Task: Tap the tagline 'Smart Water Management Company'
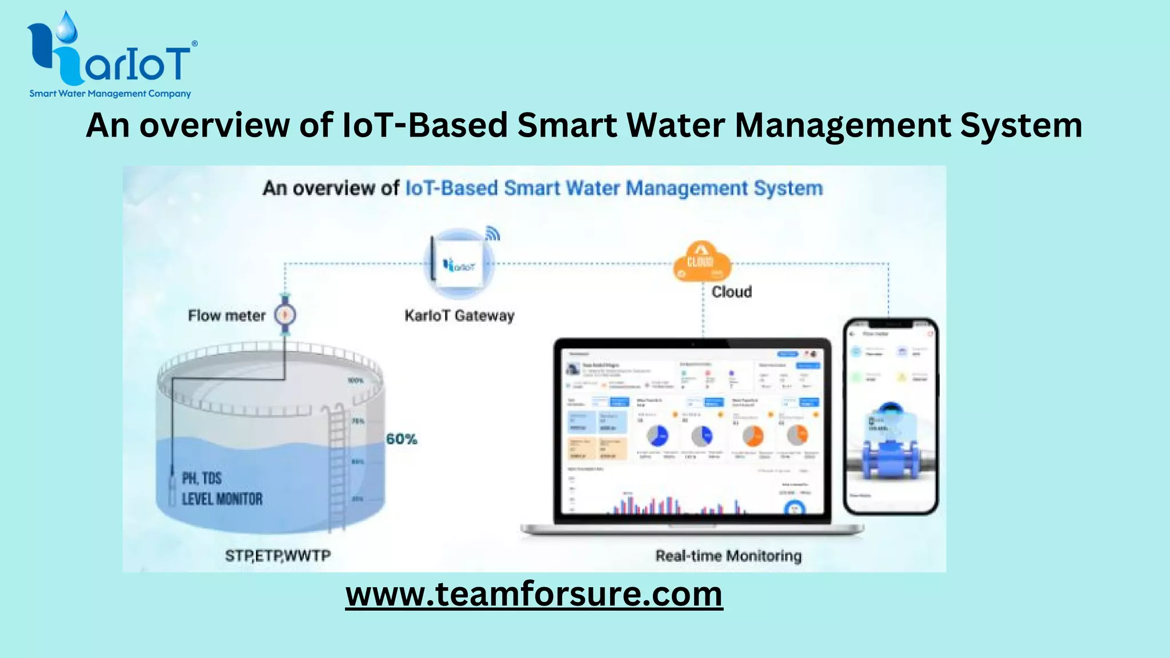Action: pos(110,94)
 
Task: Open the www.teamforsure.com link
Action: pos(534,594)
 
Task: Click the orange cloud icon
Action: pos(702,262)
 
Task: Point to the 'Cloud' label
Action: pos(731,292)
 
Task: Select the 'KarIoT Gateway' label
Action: pos(459,316)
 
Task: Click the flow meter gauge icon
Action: pos(285,315)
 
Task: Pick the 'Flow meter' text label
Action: pos(227,316)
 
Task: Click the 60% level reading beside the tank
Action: pos(402,439)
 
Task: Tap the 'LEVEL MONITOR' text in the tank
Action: pos(222,499)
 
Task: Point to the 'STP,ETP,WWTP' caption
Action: pos(278,556)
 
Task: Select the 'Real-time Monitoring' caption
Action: pos(728,556)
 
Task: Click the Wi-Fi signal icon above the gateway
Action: pos(492,234)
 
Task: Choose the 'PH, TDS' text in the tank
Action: pos(202,478)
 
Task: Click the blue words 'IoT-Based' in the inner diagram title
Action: pos(451,188)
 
